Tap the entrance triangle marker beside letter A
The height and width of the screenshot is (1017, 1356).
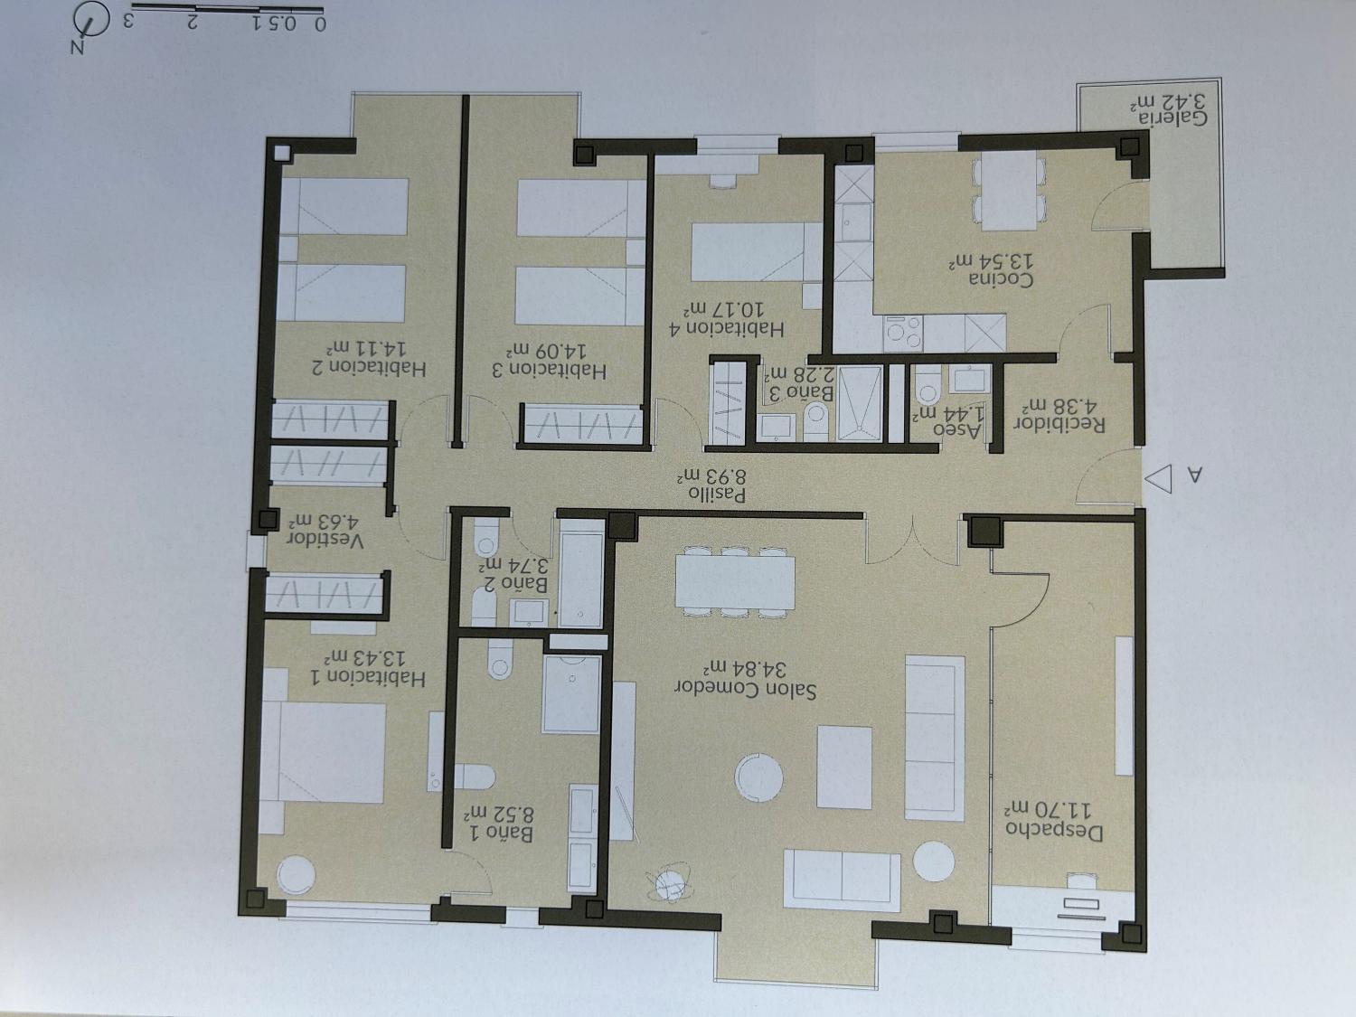[x=1158, y=478]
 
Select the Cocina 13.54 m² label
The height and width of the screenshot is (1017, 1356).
[x=992, y=270]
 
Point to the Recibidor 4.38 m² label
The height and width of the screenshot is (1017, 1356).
[x=1059, y=415]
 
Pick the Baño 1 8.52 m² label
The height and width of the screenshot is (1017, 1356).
[x=498, y=824]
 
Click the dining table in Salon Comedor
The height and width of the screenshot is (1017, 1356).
[x=736, y=581]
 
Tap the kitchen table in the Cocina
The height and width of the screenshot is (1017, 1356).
[x=1009, y=190]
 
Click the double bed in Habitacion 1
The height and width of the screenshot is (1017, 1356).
[x=323, y=751]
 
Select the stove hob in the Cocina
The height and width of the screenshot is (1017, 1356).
[x=902, y=334]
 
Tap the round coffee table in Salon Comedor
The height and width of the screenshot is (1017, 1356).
[x=758, y=777]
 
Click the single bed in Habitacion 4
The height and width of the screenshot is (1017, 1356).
[x=756, y=252]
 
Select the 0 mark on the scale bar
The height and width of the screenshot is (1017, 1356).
[x=319, y=24]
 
